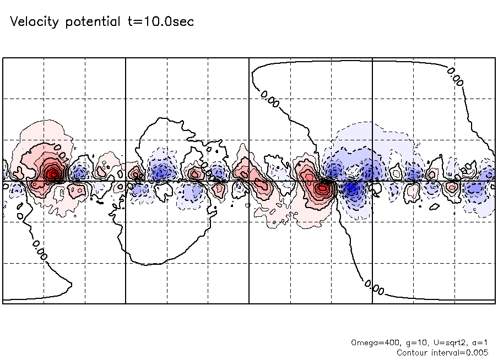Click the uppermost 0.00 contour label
(455, 77)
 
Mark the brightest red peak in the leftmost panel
(53, 174)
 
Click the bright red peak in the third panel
(322, 189)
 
